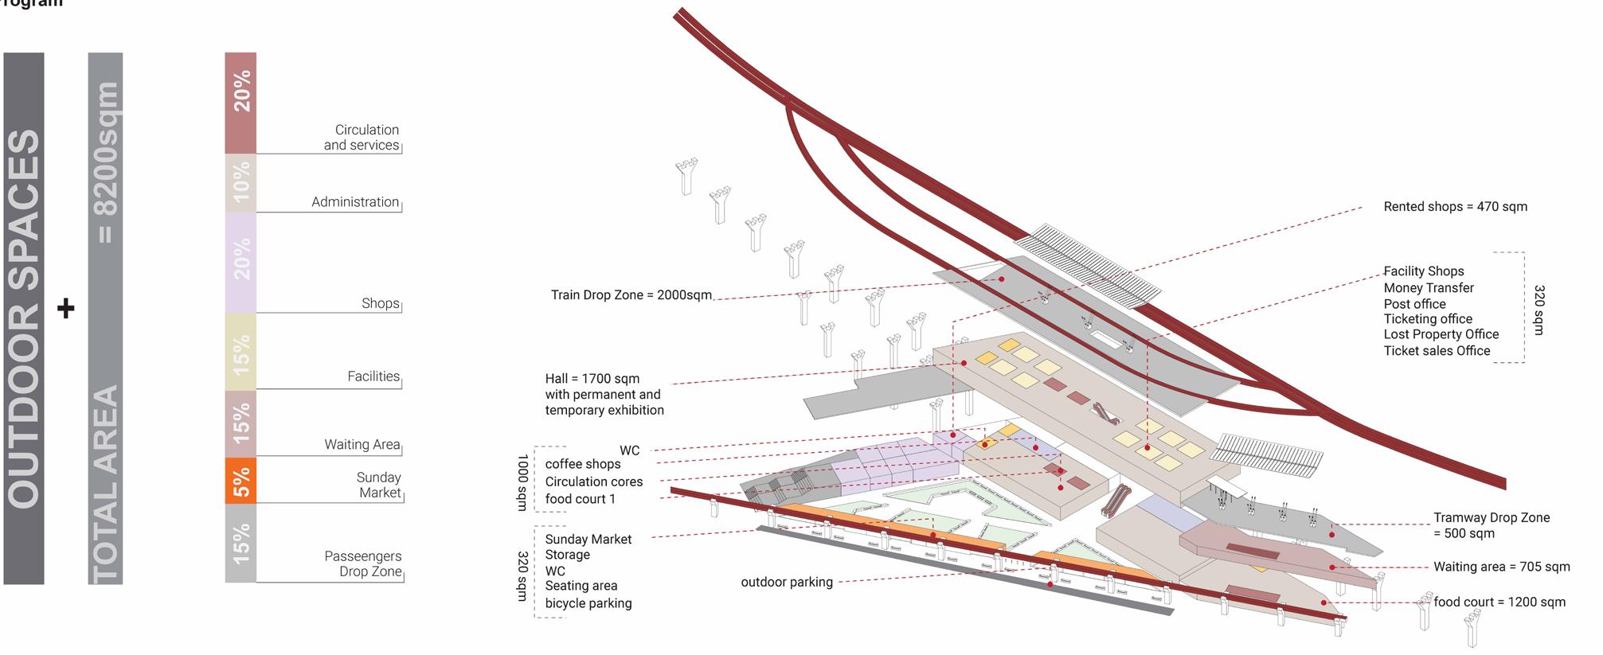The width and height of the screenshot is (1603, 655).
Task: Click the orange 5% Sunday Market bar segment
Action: click(240, 481)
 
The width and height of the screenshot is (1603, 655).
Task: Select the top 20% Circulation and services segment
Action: click(240, 102)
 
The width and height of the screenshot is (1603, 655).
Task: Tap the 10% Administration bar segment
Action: click(240, 183)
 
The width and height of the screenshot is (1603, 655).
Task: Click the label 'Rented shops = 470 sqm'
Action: click(1455, 207)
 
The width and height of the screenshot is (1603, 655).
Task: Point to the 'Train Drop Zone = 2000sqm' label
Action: click(631, 295)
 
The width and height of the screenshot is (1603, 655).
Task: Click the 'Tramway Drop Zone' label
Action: click(1492, 518)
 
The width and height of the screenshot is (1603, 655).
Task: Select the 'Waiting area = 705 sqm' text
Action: click(1502, 567)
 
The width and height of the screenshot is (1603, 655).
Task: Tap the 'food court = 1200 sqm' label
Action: click(1499, 602)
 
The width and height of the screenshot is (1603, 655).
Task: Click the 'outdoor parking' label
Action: click(787, 583)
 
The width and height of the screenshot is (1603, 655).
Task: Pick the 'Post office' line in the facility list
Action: click(1414, 304)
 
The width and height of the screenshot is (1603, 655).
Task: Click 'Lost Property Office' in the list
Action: click(1441, 335)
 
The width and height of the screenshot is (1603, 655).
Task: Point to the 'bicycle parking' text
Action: click(588, 604)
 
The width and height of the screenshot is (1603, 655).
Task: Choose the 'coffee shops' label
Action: click(583, 464)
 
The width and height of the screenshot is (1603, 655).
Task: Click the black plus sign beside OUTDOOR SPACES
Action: click(66, 309)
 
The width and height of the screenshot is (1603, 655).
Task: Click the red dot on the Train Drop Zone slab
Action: click(1002, 279)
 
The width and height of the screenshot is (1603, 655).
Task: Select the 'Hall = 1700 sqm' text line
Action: click(592, 379)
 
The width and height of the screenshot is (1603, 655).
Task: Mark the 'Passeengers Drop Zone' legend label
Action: click(363, 564)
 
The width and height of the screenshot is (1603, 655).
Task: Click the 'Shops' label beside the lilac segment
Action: click(381, 303)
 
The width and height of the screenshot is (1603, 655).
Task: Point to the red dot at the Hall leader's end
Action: click(964, 363)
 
